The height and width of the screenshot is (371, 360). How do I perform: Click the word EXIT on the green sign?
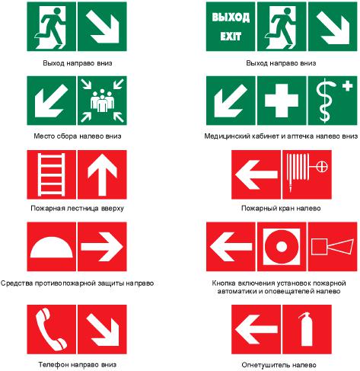(x=231, y=37)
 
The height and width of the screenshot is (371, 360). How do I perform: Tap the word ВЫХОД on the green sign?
(x=231, y=18)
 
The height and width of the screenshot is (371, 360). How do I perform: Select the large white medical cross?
(x=282, y=101)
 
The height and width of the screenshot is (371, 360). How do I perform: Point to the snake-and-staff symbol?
(x=325, y=101)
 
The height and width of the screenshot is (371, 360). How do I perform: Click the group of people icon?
(x=102, y=101)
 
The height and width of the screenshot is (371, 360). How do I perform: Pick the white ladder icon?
(x=51, y=174)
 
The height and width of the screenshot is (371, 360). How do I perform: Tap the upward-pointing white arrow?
(x=102, y=175)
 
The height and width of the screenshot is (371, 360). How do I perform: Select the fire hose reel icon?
(x=307, y=173)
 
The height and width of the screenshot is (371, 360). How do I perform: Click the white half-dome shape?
(x=52, y=247)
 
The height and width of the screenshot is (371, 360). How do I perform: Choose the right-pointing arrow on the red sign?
(x=102, y=247)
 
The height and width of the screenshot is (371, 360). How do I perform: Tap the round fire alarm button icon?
(x=282, y=247)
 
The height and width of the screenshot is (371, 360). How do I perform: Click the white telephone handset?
(x=50, y=329)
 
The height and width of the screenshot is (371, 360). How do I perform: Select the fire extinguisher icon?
(x=307, y=329)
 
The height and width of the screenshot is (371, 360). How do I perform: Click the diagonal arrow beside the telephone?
(x=103, y=329)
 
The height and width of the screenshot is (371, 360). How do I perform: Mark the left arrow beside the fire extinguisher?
(x=256, y=329)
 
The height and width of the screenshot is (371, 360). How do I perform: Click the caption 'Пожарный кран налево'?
(x=281, y=209)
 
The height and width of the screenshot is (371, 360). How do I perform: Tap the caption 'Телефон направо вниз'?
(x=78, y=365)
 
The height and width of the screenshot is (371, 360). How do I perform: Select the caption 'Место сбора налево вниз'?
(x=78, y=136)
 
